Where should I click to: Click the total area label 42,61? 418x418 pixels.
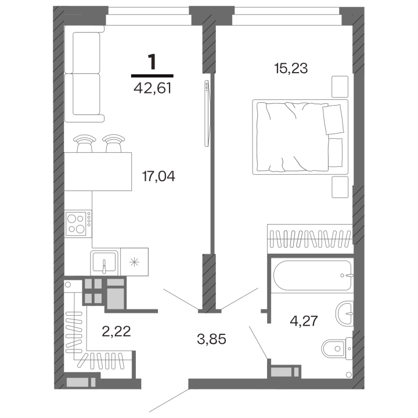pyautogui.click(x=152, y=88)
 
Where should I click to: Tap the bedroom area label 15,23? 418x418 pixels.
pyautogui.click(x=291, y=69)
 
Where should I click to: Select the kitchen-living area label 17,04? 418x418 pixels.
pyautogui.click(x=158, y=176)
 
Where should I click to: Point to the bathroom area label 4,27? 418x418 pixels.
pyautogui.click(x=304, y=320)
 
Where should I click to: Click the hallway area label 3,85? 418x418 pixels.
pyautogui.click(x=211, y=340)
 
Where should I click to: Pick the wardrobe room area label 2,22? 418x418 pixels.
pyautogui.click(x=116, y=331)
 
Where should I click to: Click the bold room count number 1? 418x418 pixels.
pyautogui.click(x=152, y=62)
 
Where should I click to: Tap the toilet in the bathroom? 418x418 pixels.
pyautogui.click(x=337, y=348)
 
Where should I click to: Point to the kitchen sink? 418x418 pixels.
pyautogui.click(x=105, y=262)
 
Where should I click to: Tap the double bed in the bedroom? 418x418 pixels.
pyautogui.click(x=300, y=137)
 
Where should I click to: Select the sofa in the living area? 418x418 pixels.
pyautogui.click(x=84, y=74)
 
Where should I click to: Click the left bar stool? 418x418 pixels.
pyautogui.click(x=85, y=143)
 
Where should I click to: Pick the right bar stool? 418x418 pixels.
pyautogui.click(x=114, y=143)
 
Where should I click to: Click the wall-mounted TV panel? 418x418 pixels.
pyautogui.click(x=207, y=113)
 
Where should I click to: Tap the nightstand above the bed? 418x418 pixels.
pyautogui.click(x=340, y=87)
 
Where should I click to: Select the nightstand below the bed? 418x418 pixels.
pyautogui.click(x=340, y=187)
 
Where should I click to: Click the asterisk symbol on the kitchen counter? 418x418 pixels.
pyautogui.click(x=134, y=262)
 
